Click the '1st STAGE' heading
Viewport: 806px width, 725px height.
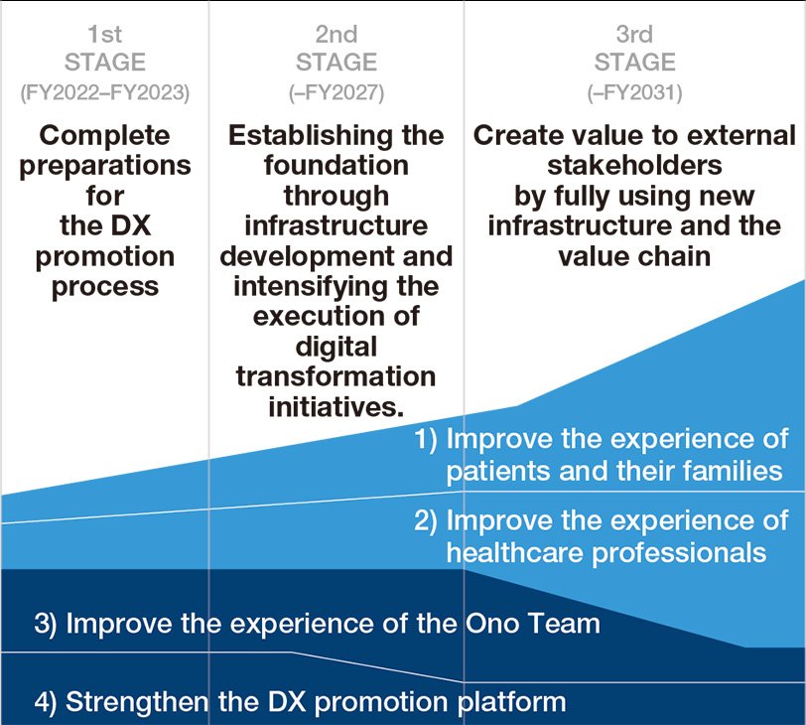click(x=105, y=49)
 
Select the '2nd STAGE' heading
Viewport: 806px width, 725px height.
click(x=336, y=49)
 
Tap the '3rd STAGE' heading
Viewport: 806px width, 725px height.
click(x=635, y=49)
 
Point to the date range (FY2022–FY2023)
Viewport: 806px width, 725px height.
click(x=105, y=93)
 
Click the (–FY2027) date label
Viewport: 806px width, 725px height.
click(x=336, y=93)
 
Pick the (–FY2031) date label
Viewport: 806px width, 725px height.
click(x=635, y=93)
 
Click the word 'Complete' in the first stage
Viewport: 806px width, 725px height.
click(x=105, y=136)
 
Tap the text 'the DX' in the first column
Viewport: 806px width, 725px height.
click(x=105, y=225)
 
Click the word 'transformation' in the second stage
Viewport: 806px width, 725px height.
click(x=336, y=376)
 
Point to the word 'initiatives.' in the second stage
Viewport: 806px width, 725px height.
click(x=336, y=407)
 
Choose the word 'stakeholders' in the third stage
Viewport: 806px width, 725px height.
click(x=635, y=166)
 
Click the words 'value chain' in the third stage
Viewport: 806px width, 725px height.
click(x=635, y=256)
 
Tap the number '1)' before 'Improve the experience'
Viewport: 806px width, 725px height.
click(x=426, y=440)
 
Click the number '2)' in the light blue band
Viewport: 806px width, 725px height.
click(x=426, y=521)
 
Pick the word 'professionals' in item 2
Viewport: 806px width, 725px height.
click(x=679, y=554)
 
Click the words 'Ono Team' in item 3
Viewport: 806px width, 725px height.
click(x=532, y=623)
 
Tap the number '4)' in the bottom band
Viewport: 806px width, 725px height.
click(x=46, y=702)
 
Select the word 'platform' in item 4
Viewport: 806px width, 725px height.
click(x=512, y=703)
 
